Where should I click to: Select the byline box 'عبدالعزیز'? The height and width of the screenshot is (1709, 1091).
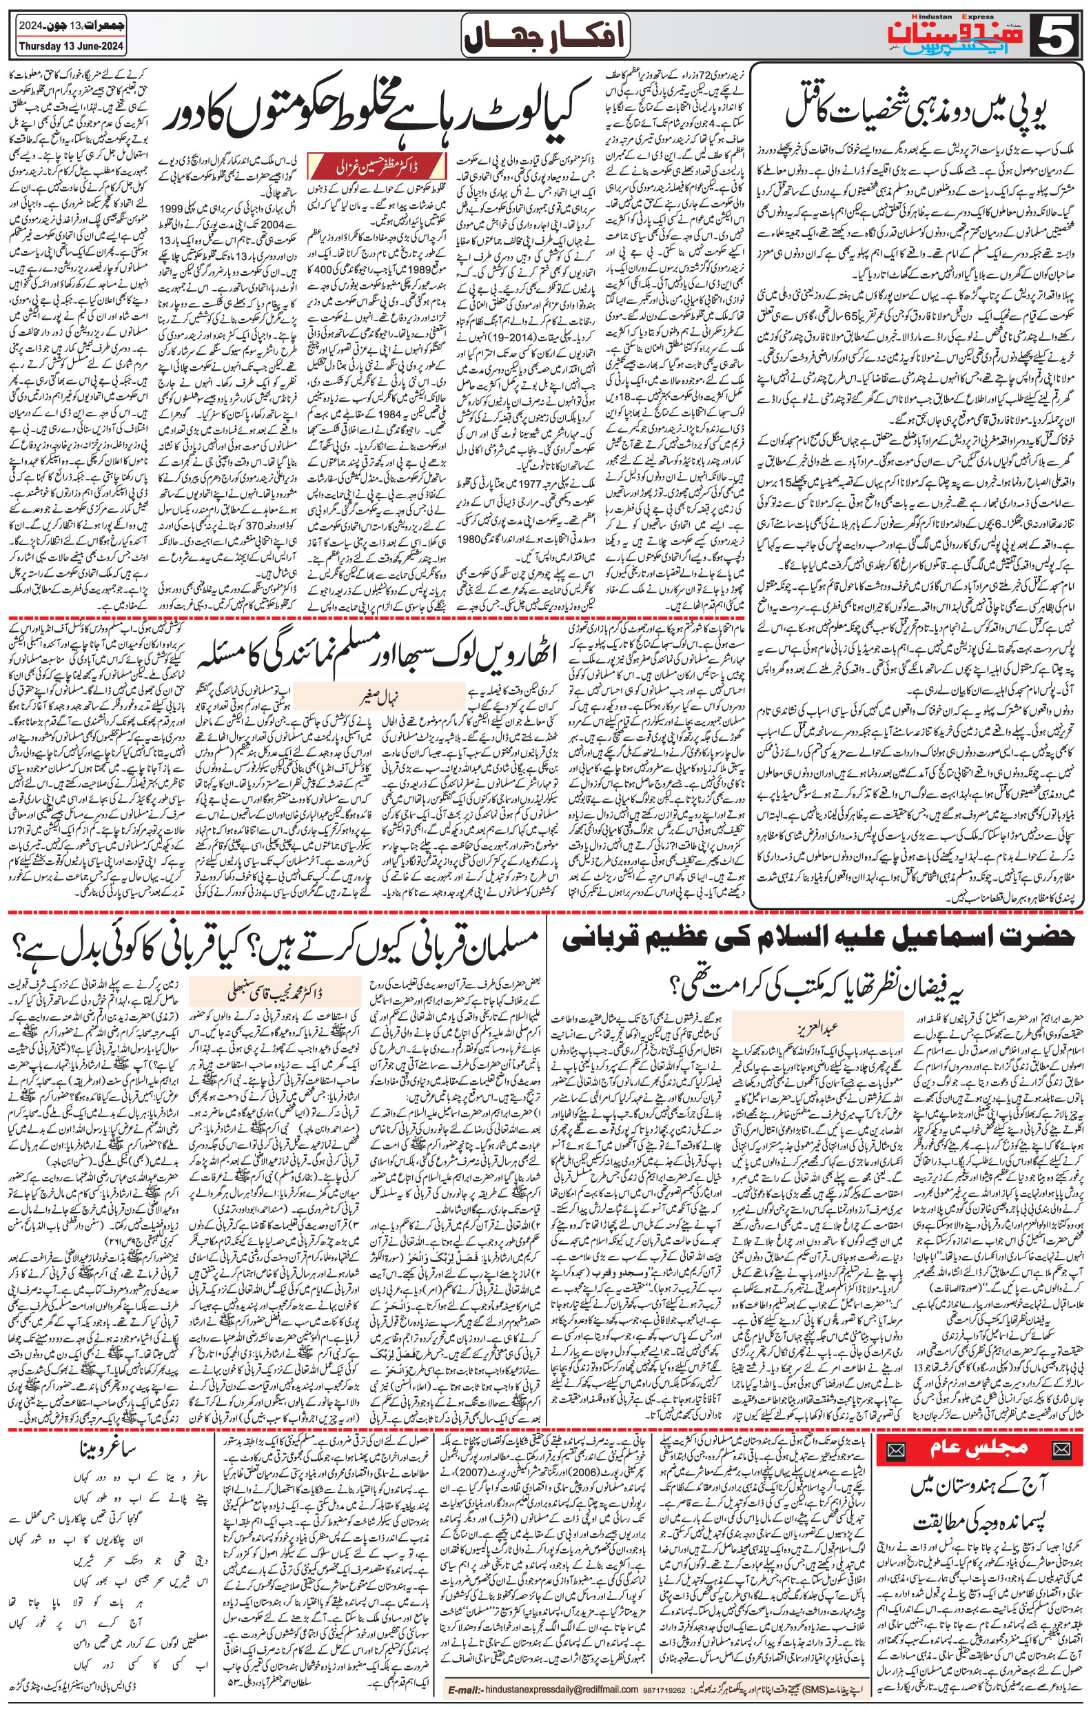(x=815, y=1026)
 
